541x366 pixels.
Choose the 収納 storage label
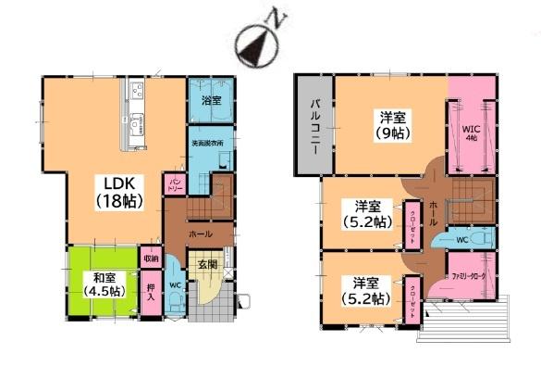[x=151, y=259]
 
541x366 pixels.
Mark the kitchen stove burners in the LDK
[x=138, y=92]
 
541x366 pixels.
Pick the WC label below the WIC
[x=460, y=238]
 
